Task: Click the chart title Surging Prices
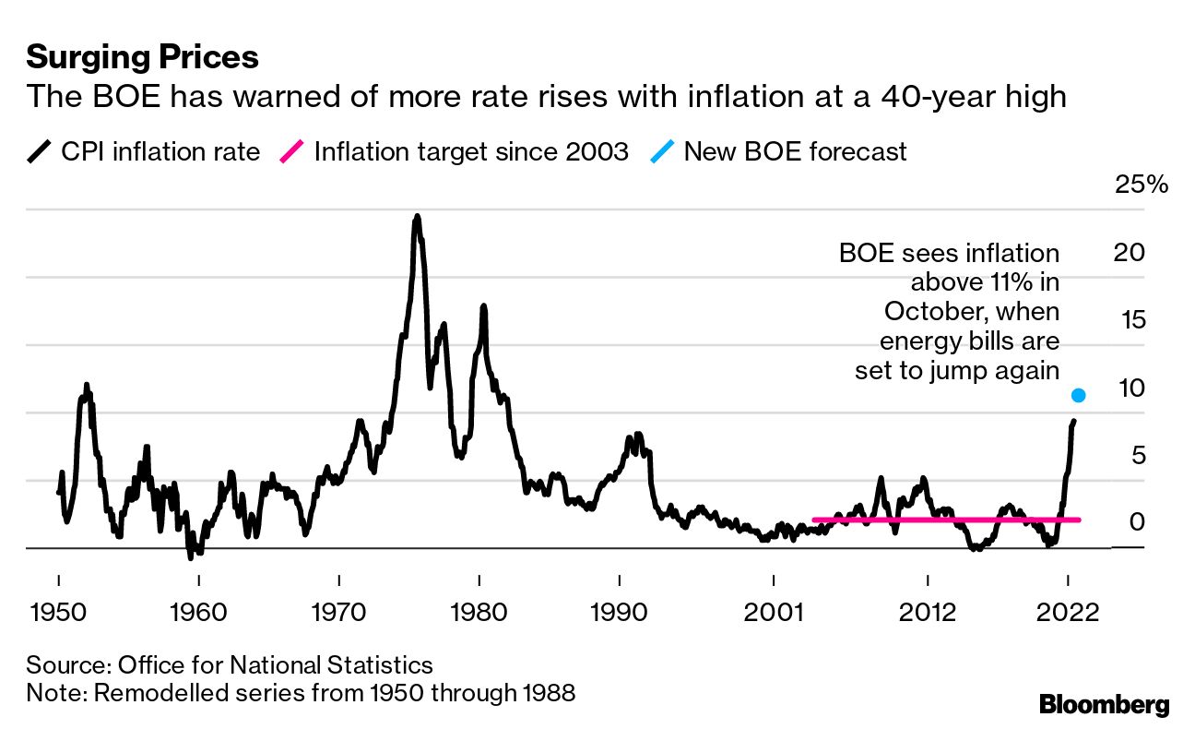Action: click(x=142, y=57)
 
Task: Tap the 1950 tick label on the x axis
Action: click(x=58, y=613)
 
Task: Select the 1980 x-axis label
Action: click(x=479, y=613)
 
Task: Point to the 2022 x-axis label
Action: click(x=1068, y=613)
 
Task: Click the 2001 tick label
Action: click(x=773, y=613)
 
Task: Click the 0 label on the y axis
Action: click(x=1137, y=523)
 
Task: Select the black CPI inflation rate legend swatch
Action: click(x=39, y=151)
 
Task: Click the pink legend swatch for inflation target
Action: click(x=291, y=151)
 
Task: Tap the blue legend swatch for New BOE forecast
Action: click(x=661, y=151)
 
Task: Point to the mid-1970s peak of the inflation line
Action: click(x=418, y=218)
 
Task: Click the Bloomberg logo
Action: click(x=1104, y=705)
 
